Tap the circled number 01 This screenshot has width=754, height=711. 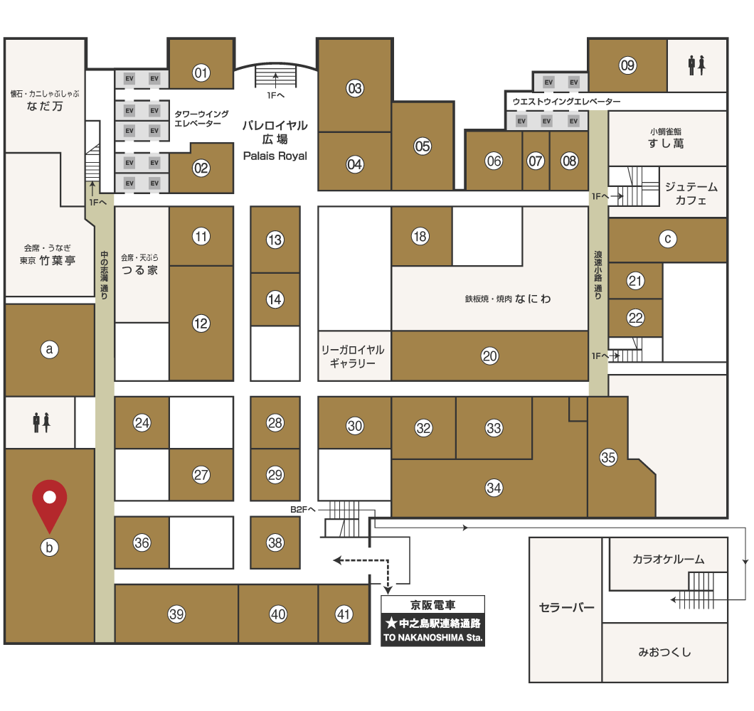201,73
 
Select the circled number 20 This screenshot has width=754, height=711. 489,356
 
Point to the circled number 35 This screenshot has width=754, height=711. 608,457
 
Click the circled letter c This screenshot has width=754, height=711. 667,239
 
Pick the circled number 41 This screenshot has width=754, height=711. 344,614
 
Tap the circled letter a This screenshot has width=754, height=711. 50,350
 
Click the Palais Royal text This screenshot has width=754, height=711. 275,156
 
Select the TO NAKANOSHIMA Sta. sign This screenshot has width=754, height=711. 432,638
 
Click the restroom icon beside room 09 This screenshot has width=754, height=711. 696,65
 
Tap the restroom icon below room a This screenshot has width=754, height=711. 41,422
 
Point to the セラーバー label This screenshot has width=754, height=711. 566,608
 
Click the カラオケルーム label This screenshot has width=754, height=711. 669,559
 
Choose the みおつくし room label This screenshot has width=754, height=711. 664,652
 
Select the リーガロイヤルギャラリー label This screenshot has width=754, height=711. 353,356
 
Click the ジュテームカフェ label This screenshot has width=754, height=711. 691,193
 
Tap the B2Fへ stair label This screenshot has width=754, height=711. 303,510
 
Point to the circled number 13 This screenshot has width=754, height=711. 275,240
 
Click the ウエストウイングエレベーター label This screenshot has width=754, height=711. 566,102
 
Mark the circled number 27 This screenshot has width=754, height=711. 201,475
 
